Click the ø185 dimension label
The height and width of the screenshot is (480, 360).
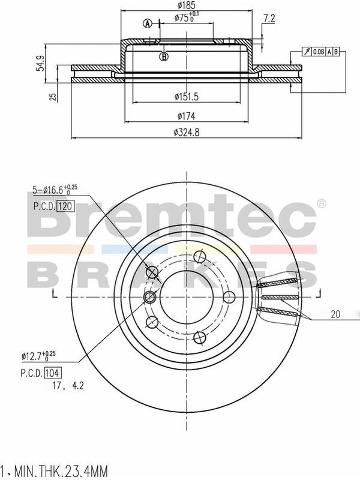coord(187,5)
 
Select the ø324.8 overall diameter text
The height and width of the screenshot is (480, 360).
coord(187,132)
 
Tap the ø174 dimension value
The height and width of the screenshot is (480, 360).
coord(187,116)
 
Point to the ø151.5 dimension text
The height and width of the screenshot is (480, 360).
coord(187,97)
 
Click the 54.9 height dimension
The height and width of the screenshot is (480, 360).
coord(41,64)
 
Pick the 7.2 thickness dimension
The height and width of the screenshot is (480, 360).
coord(269,19)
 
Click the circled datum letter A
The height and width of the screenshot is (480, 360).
coord(148,23)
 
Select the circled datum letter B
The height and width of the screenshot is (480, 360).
coord(164,56)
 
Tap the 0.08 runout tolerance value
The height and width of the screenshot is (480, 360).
coord(319,52)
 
